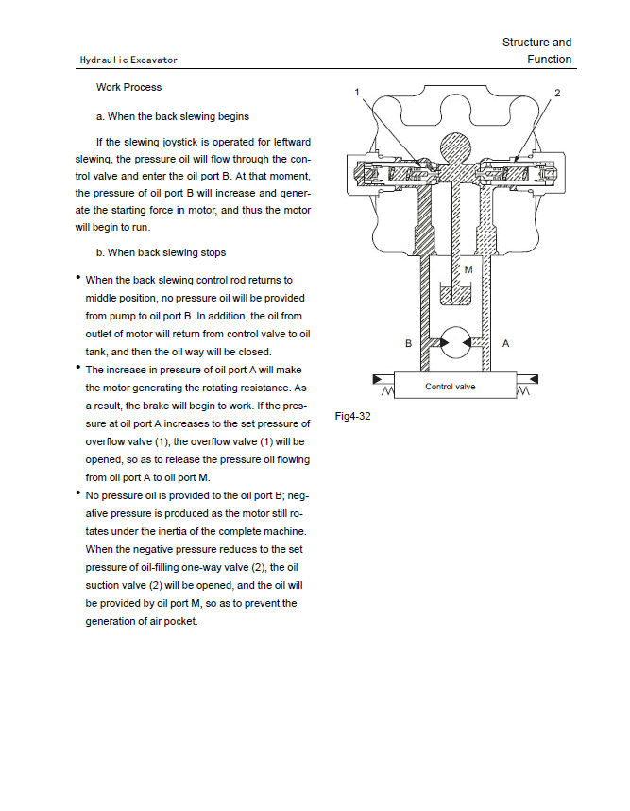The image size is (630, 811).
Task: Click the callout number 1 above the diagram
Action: coord(357,92)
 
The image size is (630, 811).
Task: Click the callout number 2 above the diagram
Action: coord(557,92)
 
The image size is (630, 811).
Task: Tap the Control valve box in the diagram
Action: coord(450,387)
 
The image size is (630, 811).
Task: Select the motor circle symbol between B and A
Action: coord(457,342)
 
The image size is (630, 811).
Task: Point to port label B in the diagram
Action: coord(408,344)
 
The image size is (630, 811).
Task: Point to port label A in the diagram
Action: coord(506,344)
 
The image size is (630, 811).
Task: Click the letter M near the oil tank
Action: coord(468,269)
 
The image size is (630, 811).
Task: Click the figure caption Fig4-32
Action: coord(352,416)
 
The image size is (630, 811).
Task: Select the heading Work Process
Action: coord(128,87)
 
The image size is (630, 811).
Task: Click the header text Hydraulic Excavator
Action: coord(128,60)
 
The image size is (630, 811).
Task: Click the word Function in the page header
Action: coord(550,60)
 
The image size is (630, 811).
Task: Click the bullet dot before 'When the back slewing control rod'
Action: coord(78,278)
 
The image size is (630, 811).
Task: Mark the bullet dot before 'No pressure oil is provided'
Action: coord(78,492)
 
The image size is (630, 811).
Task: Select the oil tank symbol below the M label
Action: coord(456,290)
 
